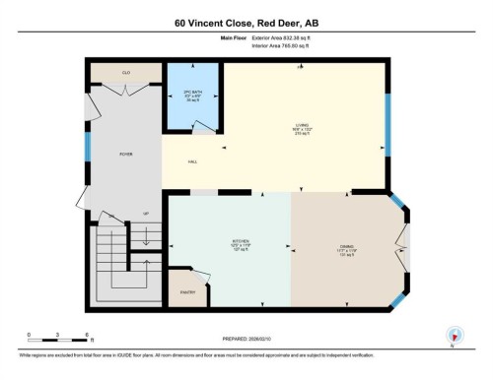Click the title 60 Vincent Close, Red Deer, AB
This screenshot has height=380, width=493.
tap(246, 22)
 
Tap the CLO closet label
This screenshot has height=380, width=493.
tap(127, 72)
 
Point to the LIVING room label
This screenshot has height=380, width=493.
tap(302, 127)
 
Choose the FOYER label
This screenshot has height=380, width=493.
tap(126, 154)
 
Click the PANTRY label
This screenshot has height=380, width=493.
tap(187, 291)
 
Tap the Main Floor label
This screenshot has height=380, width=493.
tap(233, 37)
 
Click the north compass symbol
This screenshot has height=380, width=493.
tap(453, 336)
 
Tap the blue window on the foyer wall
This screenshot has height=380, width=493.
tap(88, 147)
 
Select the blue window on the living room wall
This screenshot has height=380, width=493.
tap(387, 125)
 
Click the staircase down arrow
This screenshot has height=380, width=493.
tap(146, 238)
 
